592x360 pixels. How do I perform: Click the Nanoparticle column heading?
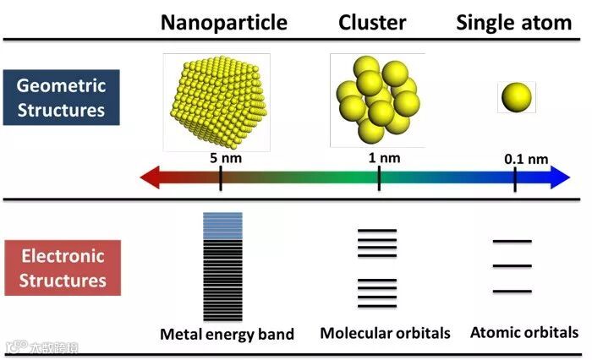pos(224,22)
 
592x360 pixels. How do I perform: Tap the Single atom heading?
pos(514,22)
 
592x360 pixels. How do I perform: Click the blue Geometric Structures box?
pos(62,98)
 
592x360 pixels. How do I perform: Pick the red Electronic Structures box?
pos(62,268)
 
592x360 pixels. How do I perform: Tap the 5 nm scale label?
pos(222,156)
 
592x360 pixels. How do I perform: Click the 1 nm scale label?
pos(379,156)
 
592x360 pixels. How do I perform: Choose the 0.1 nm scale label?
pos(526,158)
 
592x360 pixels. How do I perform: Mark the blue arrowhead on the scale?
pos(561,177)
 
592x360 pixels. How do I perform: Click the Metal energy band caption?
pos(227,334)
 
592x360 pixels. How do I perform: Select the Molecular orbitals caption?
pos(385,333)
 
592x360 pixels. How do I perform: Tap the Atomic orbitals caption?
pos(524,332)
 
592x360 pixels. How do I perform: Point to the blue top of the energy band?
pos(222,222)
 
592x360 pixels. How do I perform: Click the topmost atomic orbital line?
pos(513,242)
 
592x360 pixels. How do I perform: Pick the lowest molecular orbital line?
pos(376,306)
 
